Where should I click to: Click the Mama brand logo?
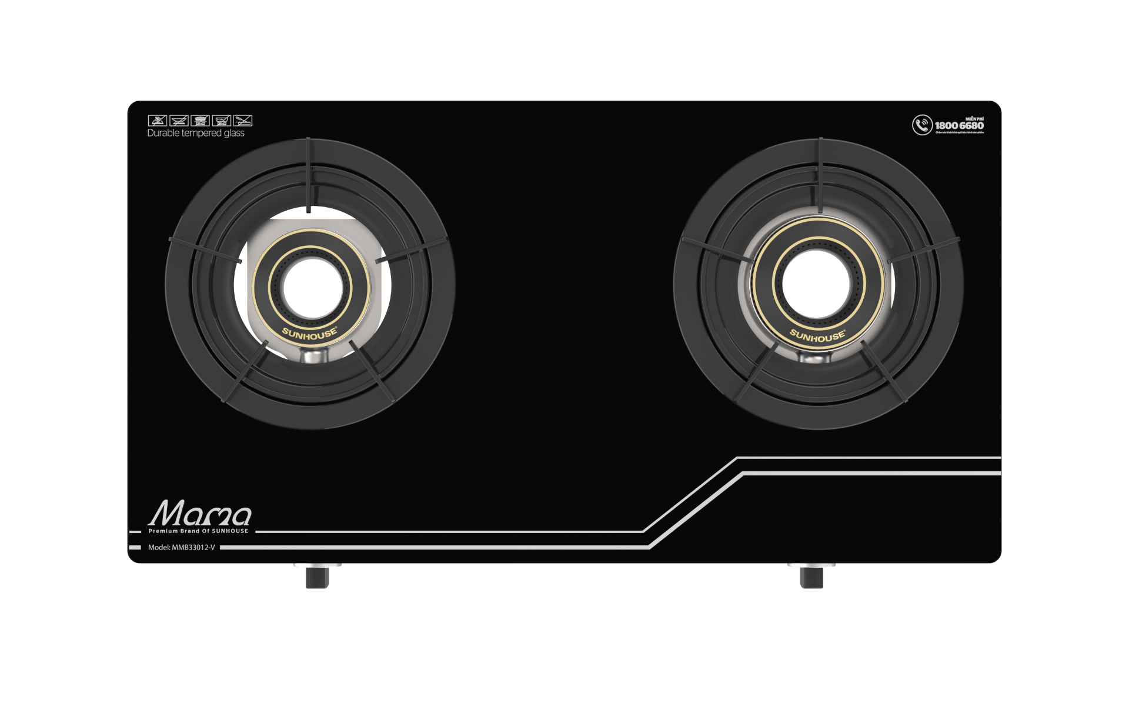pos(200,515)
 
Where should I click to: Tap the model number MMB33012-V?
pos(182,547)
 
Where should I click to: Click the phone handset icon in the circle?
pos(922,125)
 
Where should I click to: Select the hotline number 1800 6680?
pos(959,126)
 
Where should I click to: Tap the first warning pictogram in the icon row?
pos(156,121)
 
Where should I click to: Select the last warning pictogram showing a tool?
pos(243,121)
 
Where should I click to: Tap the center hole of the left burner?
pos(309,287)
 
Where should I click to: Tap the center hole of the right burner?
pos(819,287)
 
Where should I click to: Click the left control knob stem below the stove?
pos(318,575)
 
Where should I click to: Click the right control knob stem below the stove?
pos(811,575)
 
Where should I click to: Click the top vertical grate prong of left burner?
pos(308,176)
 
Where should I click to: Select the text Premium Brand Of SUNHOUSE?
pos(198,531)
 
